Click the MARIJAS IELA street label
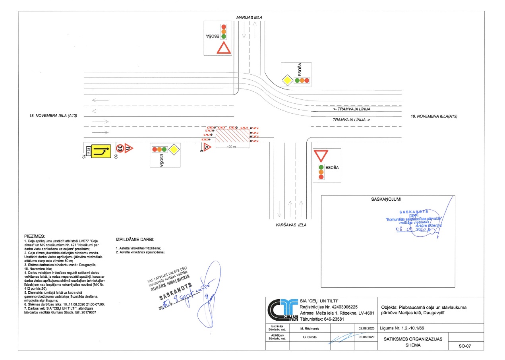(249, 17)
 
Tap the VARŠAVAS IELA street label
(291, 225)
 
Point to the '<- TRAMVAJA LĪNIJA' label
(352, 109)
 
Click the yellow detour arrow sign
(101, 151)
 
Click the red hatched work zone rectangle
(232, 135)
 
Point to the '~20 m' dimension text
(232, 147)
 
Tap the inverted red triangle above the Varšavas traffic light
(320, 155)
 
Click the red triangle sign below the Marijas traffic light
(224, 48)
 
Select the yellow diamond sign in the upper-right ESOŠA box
(287, 81)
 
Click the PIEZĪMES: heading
(35, 236)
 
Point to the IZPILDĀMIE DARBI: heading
(135, 240)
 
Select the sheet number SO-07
(464, 346)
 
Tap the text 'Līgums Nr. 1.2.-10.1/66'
(405, 328)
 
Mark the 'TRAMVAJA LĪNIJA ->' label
(352, 119)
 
